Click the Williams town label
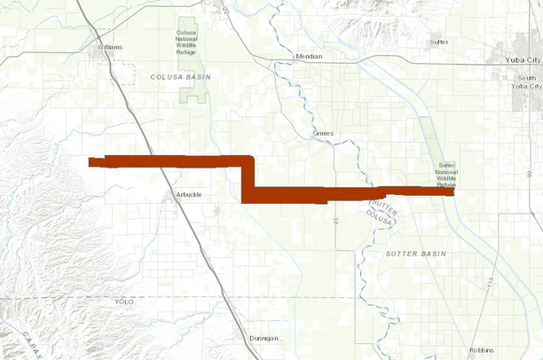click(111, 47)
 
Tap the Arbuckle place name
click(189, 194)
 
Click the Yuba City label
click(521, 59)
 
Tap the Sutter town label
click(438, 42)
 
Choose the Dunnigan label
click(264, 338)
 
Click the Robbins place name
click(481, 350)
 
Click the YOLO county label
click(123, 301)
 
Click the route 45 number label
click(337, 220)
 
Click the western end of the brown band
click(90, 161)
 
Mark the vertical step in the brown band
click(248, 176)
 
